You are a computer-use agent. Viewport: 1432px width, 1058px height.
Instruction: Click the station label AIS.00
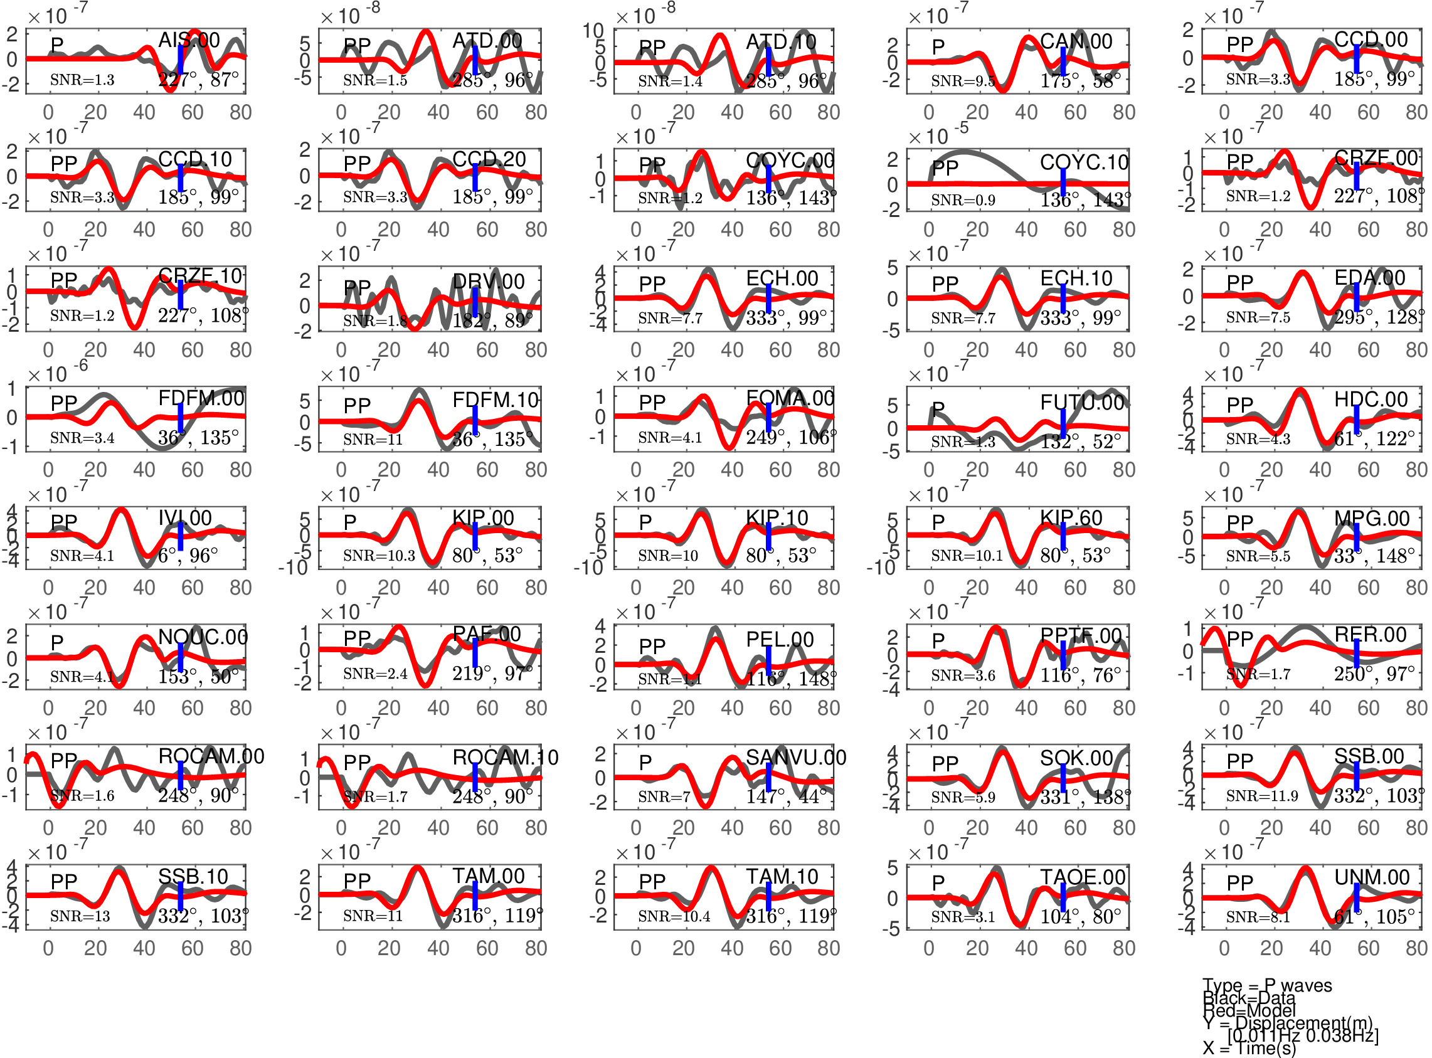tap(189, 40)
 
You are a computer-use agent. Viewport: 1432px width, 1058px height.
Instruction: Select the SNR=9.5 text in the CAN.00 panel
tap(963, 81)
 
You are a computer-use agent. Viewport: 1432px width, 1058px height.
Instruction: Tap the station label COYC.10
tap(1084, 162)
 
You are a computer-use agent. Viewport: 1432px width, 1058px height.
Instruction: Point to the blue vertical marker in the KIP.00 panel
tap(475, 536)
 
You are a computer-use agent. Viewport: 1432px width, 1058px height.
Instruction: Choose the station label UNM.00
tap(1372, 877)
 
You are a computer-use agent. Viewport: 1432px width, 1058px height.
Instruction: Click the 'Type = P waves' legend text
tap(1267, 986)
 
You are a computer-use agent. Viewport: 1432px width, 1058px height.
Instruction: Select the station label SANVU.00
tap(795, 758)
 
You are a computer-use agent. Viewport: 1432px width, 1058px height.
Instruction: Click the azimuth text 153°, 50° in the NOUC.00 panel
tap(199, 676)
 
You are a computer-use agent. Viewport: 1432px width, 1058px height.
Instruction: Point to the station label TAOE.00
tap(1083, 877)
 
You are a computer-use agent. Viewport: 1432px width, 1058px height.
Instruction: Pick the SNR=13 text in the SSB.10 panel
tap(80, 916)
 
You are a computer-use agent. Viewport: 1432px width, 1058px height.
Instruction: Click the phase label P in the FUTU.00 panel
tap(938, 410)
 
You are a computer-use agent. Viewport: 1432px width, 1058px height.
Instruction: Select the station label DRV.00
tap(488, 281)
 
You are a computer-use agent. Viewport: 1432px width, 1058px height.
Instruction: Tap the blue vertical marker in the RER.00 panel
tap(1357, 653)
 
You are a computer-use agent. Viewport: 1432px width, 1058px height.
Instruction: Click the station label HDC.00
tap(1371, 399)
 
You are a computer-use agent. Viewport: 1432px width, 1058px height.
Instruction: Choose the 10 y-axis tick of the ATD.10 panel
tap(593, 30)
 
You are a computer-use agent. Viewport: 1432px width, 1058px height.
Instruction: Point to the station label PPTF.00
tap(1081, 636)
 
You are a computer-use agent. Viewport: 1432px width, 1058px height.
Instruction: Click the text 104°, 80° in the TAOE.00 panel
tap(1080, 916)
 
